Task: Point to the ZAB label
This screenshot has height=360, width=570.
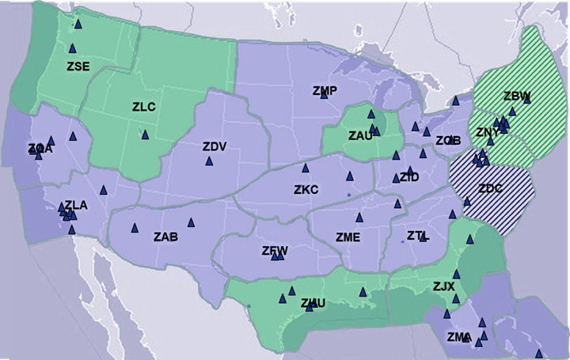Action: coord(165,237)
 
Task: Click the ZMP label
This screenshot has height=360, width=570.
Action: coord(325,91)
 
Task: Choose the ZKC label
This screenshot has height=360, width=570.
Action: coord(306,190)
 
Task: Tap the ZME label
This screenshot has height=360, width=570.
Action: coord(348,237)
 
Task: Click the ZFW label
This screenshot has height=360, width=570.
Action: coord(274,251)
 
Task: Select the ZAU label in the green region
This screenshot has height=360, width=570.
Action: coord(360,135)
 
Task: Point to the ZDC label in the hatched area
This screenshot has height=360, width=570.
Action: coord(490,188)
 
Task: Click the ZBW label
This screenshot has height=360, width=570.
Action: coord(516,97)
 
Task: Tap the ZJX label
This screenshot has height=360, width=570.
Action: coord(443,286)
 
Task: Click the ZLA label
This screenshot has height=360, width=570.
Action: coord(76,205)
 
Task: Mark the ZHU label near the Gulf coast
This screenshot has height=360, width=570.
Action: coord(313,302)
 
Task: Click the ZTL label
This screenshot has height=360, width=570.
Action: coord(417,235)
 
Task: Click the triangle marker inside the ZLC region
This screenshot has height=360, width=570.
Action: coord(145,135)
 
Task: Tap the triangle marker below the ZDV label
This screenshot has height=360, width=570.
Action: coord(209,161)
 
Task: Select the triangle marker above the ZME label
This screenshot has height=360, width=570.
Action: coord(359,218)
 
